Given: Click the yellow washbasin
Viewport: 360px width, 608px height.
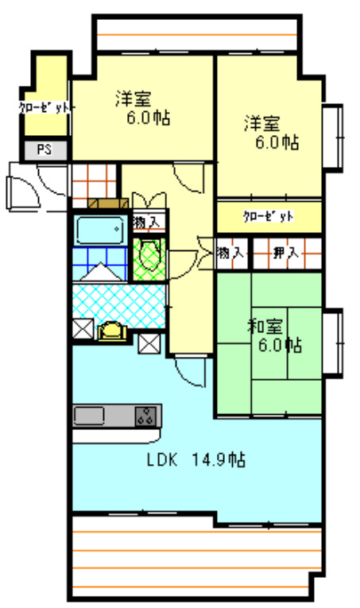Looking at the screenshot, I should (x=112, y=331).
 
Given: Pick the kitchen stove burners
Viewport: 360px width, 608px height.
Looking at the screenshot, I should (x=146, y=414).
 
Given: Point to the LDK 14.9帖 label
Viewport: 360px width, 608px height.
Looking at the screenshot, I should (x=195, y=459).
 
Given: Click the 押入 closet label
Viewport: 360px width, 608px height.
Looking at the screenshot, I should (x=285, y=254).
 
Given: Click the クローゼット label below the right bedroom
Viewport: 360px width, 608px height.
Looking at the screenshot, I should (x=269, y=216).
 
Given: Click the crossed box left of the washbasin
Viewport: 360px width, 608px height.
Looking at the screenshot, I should (x=82, y=329).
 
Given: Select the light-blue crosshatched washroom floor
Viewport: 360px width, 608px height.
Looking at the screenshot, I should (x=119, y=300).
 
